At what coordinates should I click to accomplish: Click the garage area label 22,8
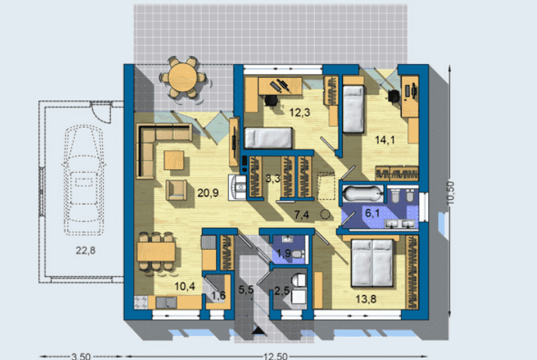click(x=85, y=251)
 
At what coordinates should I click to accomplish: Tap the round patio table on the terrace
click(x=183, y=78)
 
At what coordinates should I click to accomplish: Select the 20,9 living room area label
click(x=208, y=192)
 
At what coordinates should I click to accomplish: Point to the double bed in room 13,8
click(x=372, y=263)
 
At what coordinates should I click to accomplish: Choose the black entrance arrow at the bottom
click(x=259, y=330)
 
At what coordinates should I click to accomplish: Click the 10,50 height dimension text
click(x=450, y=193)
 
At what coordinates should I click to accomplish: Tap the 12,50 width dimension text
click(x=276, y=356)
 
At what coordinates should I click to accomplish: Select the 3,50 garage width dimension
click(x=81, y=356)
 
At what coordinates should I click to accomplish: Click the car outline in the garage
click(x=84, y=180)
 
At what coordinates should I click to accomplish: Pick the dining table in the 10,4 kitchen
click(x=156, y=251)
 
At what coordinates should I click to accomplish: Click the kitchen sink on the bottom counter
click(x=166, y=302)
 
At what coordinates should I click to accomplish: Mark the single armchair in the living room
click(x=177, y=190)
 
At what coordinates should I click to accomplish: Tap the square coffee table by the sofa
click(x=174, y=160)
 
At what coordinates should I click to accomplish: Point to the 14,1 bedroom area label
click(x=385, y=140)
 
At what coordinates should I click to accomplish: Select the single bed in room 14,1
click(x=353, y=109)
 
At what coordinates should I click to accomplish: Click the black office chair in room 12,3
click(x=271, y=100)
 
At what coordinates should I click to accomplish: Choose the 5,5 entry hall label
click(x=246, y=290)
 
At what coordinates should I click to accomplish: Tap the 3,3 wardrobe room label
click(x=273, y=178)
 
